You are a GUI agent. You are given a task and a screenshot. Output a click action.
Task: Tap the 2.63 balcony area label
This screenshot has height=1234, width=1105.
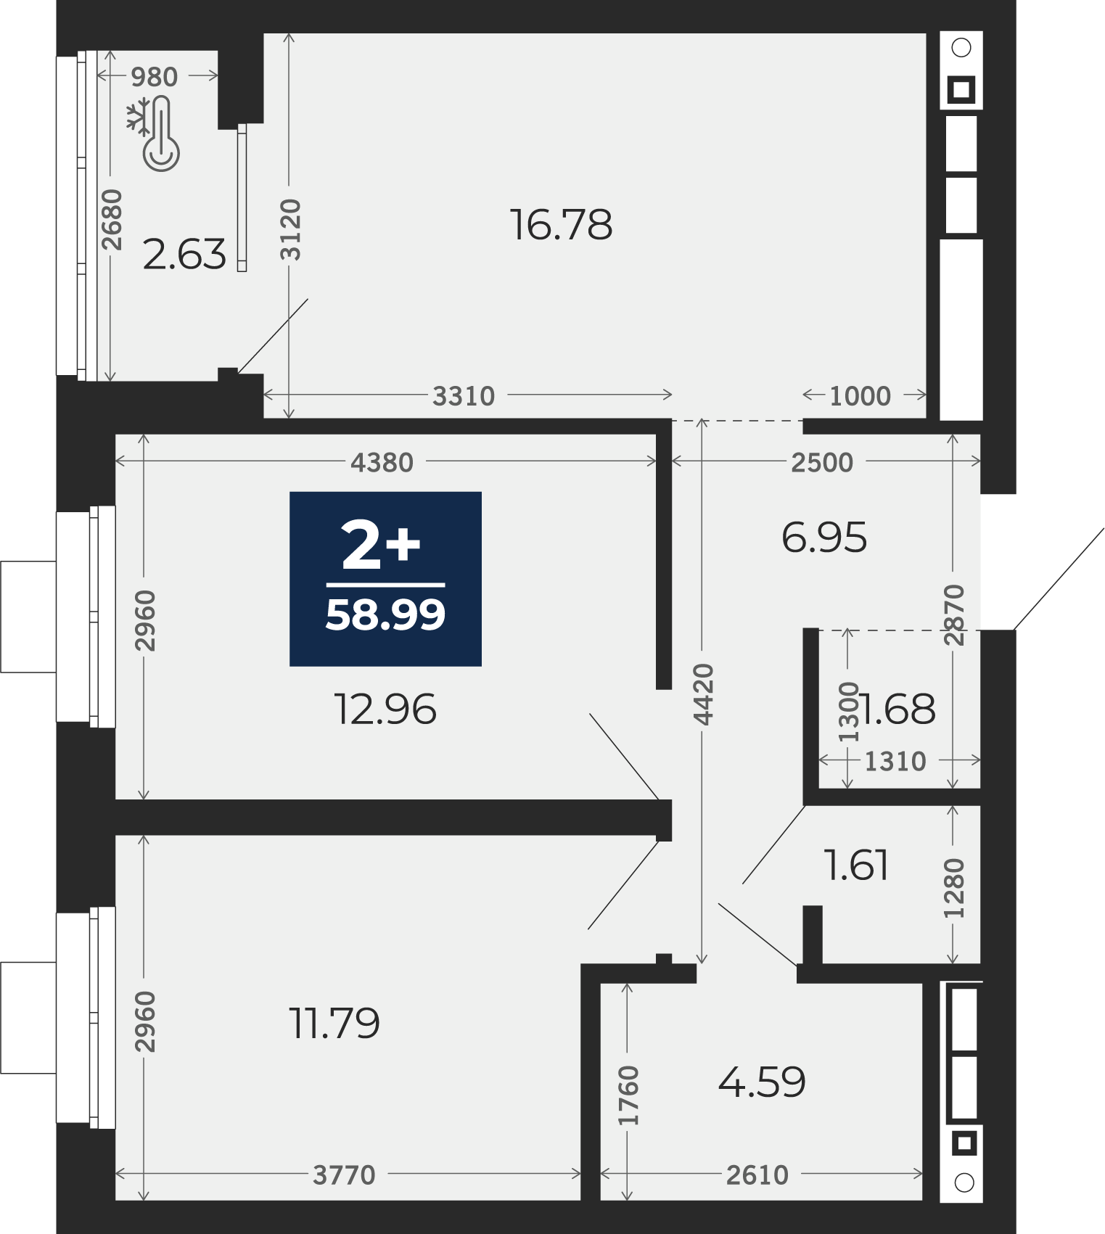point(184,255)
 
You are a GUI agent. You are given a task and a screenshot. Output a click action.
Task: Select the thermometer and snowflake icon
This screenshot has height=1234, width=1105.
point(154,135)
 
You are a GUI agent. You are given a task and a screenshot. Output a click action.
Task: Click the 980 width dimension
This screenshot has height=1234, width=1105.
point(154,76)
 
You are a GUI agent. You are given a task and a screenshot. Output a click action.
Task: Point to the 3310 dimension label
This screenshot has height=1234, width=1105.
point(464,396)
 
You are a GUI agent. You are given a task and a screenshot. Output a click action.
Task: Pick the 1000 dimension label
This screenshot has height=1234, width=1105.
point(860,396)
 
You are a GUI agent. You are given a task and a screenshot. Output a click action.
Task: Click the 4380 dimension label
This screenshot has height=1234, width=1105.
point(382,462)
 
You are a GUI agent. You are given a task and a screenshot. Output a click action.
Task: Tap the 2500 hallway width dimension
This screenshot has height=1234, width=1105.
point(822,462)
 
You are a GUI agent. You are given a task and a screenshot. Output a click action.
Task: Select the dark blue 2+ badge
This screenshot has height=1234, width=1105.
point(385,579)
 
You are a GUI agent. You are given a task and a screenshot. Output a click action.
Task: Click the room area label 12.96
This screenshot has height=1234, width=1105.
point(385,709)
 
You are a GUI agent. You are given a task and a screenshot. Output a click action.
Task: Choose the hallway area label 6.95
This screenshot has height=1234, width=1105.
point(824,538)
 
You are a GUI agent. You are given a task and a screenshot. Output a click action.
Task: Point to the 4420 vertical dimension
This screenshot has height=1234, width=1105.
point(703,694)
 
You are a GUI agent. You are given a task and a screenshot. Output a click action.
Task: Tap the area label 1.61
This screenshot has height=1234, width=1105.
point(857,865)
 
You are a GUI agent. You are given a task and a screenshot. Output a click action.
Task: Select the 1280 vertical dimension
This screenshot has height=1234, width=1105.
point(953,888)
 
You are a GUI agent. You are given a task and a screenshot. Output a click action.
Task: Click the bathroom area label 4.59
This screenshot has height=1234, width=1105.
point(762,1082)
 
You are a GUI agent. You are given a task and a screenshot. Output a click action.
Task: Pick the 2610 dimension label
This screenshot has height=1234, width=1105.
point(757,1175)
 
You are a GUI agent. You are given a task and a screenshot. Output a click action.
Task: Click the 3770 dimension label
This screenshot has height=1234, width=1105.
point(344,1175)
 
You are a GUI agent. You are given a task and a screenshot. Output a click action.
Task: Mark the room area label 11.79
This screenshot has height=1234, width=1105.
point(334,1024)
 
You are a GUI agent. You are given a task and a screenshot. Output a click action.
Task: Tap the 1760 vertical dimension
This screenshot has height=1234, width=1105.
point(628,1095)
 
